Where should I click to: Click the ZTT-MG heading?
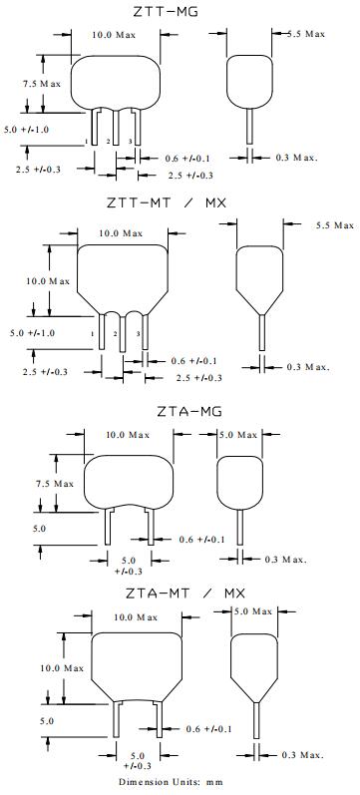(x=166, y=11)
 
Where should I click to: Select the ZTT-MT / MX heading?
(x=167, y=203)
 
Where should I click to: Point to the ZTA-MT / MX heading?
(x=185, y=593)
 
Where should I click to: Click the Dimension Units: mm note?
(x=171, y=782)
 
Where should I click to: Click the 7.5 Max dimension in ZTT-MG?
(x=42, y=84)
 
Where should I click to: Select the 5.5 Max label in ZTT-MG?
(x=306, y=34)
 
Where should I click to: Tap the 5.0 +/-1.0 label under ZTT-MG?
(x=26, y=130)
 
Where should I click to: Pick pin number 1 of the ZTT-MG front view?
(x=87, y=141)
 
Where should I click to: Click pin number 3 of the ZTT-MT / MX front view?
(x=138, y=333)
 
